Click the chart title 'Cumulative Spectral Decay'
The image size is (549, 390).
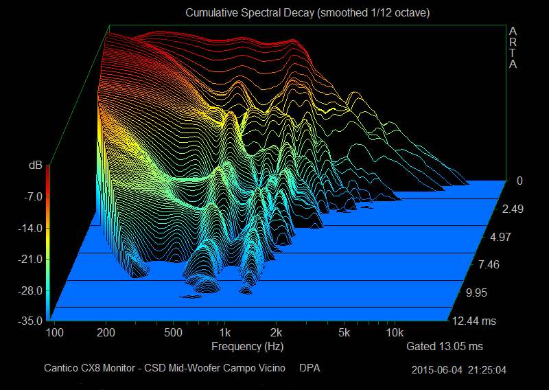click(x=250, y=13)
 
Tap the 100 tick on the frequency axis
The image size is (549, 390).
click(x=55, y=332)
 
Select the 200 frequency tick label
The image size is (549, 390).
click(x=106, y=332)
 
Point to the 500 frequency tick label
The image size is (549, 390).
click(x=173, y=332)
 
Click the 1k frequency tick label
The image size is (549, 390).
click(x=224, y=332)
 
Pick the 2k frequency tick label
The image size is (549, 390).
click(x=276, y=332)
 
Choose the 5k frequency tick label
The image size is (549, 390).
click(x=344, y=332)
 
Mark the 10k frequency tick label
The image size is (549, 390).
click(x=395, y=332)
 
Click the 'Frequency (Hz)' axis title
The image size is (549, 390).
click(x=247, y=347)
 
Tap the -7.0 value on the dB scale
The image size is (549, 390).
click(x=33, y=197)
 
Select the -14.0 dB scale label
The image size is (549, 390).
click(x=30, y=229)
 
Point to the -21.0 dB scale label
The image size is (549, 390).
click(x=30, y=260)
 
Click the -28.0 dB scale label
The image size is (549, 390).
click(x=30, y=291)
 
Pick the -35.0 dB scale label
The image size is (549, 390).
click(x=30, y=321)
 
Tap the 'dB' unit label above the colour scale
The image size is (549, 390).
click(x=36, y=165)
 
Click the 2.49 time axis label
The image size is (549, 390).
click(x=513, y=209)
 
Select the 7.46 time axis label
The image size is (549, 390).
click(x=489, y=264)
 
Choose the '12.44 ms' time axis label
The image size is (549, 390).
click(x=474, y=321)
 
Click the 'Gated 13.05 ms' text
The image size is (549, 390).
click(x=444, y=347)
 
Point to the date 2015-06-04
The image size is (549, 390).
click(x=436, y=370)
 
